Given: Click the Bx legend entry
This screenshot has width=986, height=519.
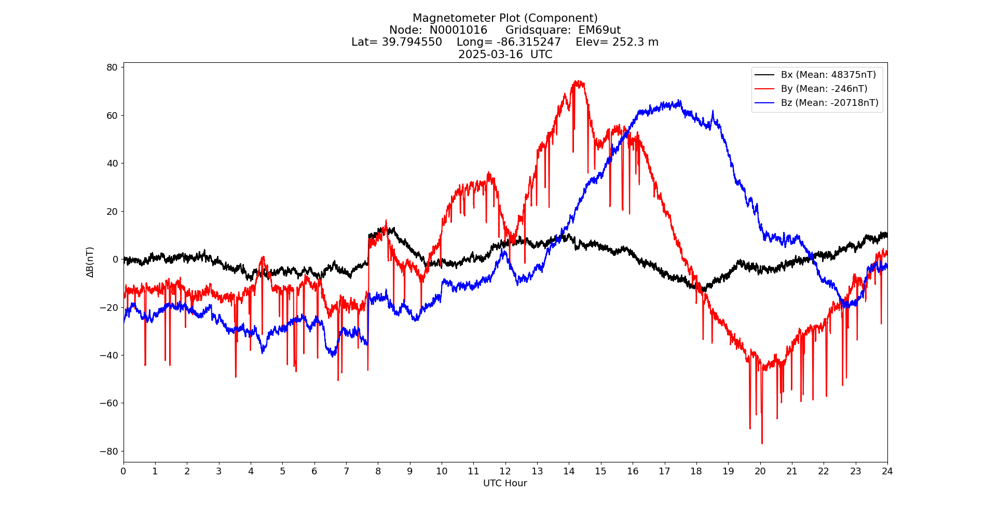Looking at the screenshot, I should [x=828, y=75].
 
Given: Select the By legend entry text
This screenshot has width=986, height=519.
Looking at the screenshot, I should [x=824, y=89].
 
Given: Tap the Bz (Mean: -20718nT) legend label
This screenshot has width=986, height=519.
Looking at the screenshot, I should [x=829, y=103].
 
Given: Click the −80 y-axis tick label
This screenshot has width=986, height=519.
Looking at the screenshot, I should [x=109, y=452].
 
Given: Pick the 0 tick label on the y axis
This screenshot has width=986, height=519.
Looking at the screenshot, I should [x=115, y=259].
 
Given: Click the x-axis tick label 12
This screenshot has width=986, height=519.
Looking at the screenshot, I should [x=505, y=471].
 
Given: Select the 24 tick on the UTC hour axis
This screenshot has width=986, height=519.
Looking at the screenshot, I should [x=887, y=471].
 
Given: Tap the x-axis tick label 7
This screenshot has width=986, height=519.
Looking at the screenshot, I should [x=346, y=471].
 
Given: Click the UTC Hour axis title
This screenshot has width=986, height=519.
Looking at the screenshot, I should [x=505, y=483].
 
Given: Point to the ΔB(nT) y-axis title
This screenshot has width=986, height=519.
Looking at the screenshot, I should [x=90, y=262].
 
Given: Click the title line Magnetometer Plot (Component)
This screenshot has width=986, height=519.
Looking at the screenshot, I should [x=505, y=18].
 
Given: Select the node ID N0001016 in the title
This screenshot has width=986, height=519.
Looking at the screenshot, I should [x=458, y=30].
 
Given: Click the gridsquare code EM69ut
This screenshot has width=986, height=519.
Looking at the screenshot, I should [x=599, y=30].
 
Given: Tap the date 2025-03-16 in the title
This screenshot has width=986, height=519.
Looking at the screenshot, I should [x=490, y=54].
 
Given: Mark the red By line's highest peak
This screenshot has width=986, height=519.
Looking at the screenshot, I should [x=578, y=81].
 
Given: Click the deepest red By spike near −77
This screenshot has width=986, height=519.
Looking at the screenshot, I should [x=762, y=443].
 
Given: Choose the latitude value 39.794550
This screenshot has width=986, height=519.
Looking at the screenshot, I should [x=412, y=42].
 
